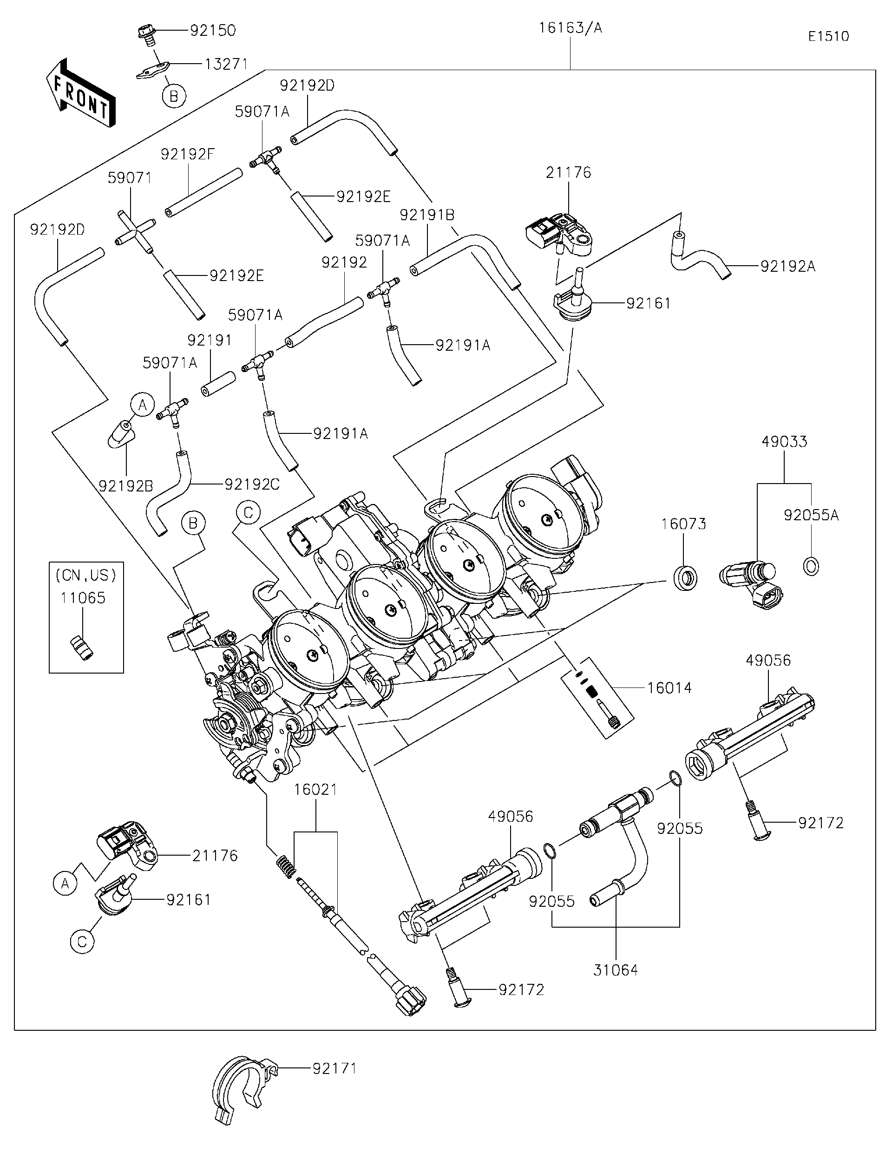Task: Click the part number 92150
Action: (213, 31)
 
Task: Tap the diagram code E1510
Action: (828, 36)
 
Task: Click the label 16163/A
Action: (570, 28)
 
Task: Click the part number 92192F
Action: (188, 154)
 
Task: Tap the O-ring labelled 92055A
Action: (811, 567)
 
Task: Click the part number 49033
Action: (784, 441)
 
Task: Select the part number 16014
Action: (669, 687)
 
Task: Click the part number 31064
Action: (615, 970)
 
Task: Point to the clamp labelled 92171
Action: (240, 1089)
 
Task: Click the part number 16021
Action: (315, 790)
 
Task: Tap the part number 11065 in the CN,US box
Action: (83, 598)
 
